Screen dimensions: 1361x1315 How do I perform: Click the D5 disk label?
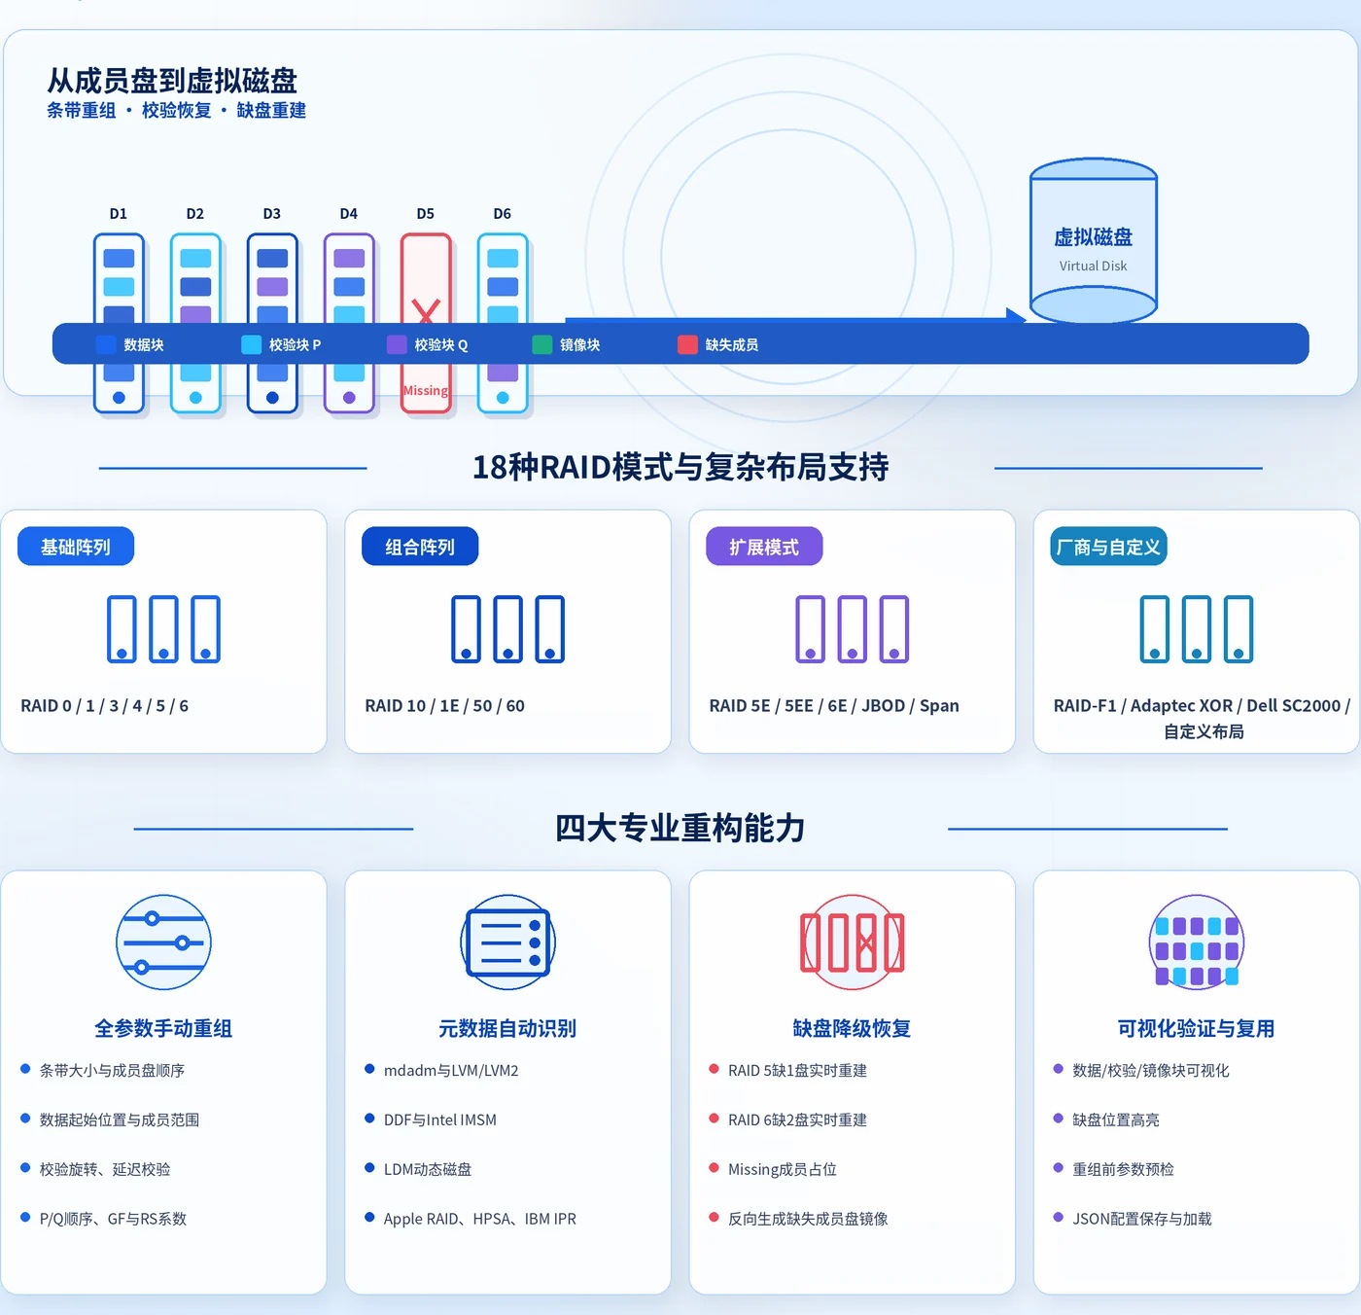425,213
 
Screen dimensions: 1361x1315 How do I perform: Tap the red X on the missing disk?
426,310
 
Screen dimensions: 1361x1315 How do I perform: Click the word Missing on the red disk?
425,390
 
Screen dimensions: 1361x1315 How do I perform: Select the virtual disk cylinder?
1093,240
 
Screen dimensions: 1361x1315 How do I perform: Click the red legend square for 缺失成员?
687,344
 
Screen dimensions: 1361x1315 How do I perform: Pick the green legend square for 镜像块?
542,344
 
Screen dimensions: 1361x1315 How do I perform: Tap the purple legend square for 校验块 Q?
397,344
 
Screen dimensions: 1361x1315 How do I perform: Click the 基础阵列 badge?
76,546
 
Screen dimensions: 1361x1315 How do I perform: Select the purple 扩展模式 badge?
764,546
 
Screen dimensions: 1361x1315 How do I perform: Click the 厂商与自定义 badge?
1108,546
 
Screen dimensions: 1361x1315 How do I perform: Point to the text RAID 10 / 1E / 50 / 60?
445,705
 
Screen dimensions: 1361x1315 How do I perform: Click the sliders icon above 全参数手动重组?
163,942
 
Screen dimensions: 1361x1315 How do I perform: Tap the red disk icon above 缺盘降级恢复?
852,942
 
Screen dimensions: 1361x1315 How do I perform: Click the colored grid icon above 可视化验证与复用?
1196,942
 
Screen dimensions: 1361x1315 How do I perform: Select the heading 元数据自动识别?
507,1028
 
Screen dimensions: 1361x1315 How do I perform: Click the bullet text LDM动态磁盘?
428,1169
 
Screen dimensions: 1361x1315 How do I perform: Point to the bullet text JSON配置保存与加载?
1142,1219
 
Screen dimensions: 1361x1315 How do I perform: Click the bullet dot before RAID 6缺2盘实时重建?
714,1119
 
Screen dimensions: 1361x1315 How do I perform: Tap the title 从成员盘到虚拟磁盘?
172,81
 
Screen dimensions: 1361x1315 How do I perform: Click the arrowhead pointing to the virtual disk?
1016,316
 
